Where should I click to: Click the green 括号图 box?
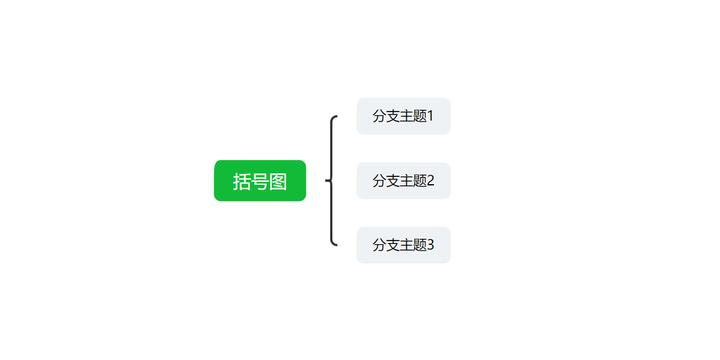coord(260,181)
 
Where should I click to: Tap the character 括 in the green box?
coord(242,181)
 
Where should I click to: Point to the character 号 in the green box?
coord(260,181)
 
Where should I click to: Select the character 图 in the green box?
coord(278,181)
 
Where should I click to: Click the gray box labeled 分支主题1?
coord(403,116)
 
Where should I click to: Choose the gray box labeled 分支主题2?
coord(403,181)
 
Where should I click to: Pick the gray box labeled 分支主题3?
coord(403,245)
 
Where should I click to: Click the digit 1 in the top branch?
coord(431,116)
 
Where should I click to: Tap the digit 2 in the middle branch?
coord(431,181)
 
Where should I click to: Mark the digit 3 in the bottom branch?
coord(431,245)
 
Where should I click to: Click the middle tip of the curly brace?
coord(327,181)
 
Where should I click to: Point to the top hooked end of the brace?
coord(336,117)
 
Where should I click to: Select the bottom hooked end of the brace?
coord(336,244)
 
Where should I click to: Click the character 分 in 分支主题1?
coord(379,116)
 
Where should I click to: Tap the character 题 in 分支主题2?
coord(420,181)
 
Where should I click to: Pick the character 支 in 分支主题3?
coord(393,245)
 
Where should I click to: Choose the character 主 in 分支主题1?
coord(407,116)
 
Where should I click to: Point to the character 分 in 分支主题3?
coord(379,245)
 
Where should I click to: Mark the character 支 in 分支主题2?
coord(393,181)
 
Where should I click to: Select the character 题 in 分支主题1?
coord(420,116)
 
